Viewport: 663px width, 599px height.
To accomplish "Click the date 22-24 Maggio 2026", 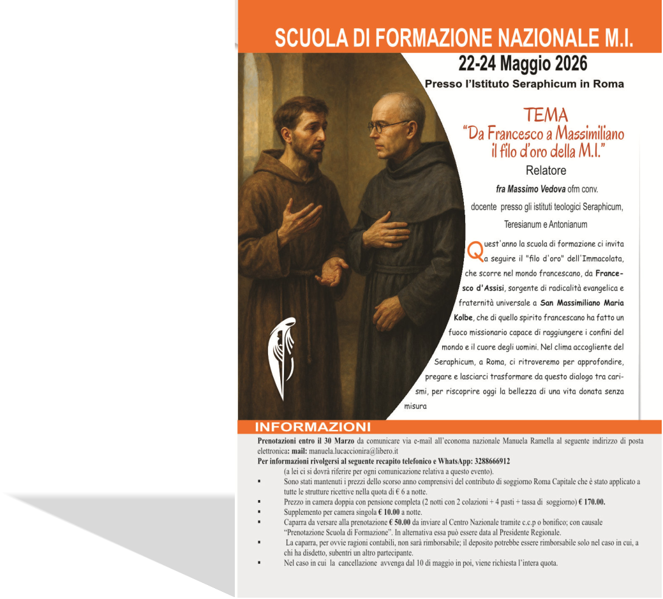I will tap(523, 64).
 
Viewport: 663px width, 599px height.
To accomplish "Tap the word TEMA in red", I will tap(545, 115).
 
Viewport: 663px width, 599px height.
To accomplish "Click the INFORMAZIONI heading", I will tap(312, 427).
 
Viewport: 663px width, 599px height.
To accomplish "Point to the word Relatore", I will tap(546, 170).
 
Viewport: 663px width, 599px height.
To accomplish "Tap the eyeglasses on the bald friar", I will tap(388, 126).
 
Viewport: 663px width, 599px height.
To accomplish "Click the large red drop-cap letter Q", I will tap(475, 251).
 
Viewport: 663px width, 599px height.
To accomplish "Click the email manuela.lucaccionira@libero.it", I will tap(362, 451).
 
